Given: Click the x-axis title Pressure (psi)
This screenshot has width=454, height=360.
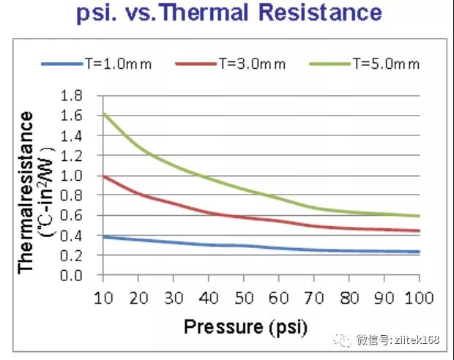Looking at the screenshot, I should tap(245, 325).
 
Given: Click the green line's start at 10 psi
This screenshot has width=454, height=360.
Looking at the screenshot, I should tap(103, 113).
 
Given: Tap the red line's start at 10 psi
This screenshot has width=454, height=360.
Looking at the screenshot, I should tap(103, 176).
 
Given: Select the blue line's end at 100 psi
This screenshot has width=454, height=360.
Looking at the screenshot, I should tap(419, 252).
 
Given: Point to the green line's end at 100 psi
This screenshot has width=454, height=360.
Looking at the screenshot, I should tap(419, 216).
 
